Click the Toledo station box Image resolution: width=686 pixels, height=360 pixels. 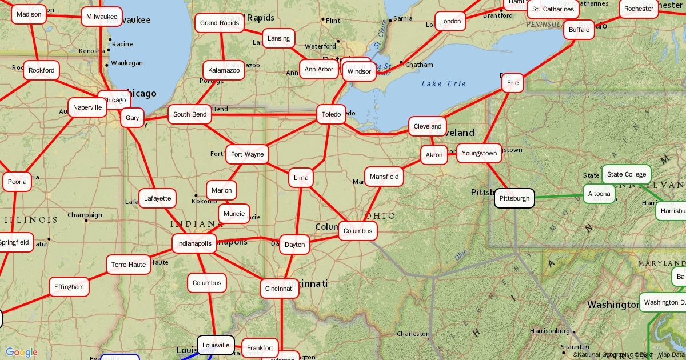(331, 114)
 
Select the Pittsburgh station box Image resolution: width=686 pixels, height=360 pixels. (514, 198)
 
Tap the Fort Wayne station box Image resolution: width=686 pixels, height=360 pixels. (247, 154)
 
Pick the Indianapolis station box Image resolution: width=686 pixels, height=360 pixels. (194, 243)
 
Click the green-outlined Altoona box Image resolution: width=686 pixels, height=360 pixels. (599, 194)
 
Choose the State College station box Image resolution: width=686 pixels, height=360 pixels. (627, 174)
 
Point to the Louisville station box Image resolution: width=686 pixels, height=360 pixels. (216, 345)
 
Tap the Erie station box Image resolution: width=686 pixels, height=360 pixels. (513, 83)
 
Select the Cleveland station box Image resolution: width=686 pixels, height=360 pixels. (428, 126)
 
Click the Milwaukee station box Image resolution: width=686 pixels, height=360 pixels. (102, 17)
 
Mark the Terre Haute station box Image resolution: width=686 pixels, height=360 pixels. (129, 265)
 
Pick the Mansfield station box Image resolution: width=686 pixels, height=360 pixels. (384, 177)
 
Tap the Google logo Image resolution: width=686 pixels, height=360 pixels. (22, 352)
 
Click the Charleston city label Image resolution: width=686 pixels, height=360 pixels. (413, 334)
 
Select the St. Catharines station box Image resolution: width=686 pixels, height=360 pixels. (552, 9)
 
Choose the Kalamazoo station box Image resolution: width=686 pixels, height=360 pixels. (224, 70)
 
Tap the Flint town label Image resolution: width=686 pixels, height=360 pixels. (332, 21)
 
